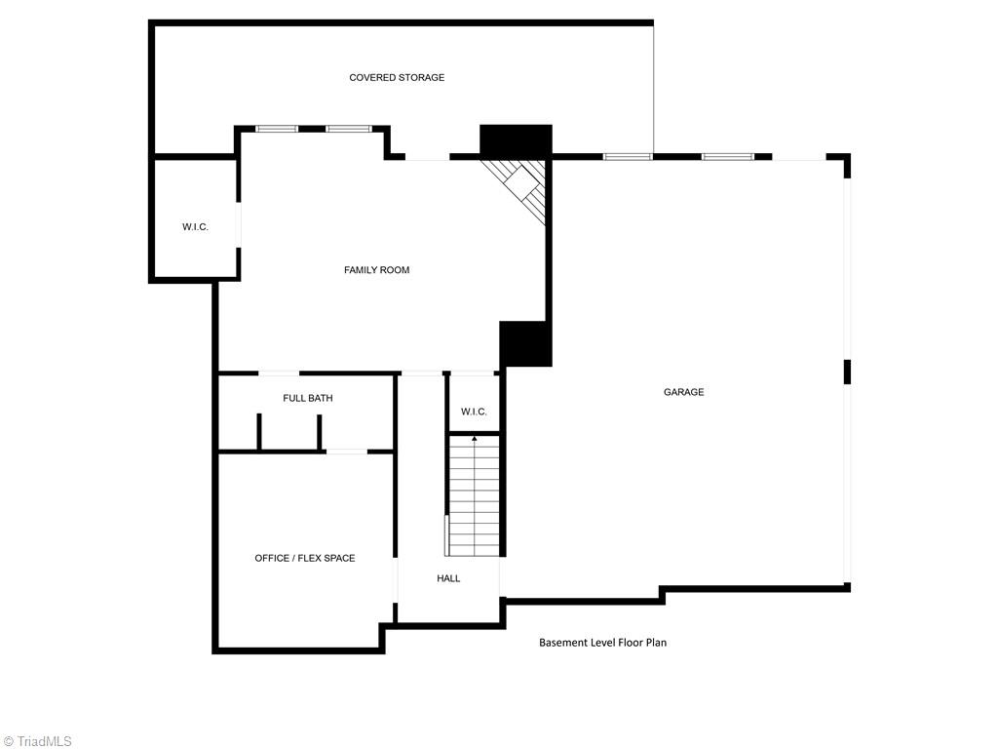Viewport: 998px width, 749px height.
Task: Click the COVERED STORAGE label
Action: coord(397,77)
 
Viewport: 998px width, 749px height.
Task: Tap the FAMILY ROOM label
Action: coord(376,269)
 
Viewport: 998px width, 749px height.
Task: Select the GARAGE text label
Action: coord(683,392)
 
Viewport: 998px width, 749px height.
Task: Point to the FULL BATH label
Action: coord(308,398)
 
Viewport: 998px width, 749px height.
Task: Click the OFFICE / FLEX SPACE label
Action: coord(304,558)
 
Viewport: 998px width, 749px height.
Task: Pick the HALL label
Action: coord(448,578)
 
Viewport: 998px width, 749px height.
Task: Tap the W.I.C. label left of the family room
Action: coord(195,227)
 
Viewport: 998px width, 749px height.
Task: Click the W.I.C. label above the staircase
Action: coord(474,412)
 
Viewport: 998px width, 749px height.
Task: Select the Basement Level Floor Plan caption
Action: coord(602,643)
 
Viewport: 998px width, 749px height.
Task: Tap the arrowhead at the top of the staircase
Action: coord(475,439)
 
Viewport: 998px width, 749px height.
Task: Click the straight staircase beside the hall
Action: coord(474,497)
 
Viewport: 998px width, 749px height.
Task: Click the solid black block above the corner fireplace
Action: coord(516,139)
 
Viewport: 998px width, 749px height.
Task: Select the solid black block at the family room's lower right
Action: coord(525,344)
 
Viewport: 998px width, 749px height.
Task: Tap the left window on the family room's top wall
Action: coord(277,128)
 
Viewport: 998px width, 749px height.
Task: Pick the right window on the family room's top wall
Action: coord(348,128)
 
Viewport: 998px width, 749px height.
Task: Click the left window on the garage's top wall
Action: coord(628,156)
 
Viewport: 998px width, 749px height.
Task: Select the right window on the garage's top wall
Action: coord(728,156)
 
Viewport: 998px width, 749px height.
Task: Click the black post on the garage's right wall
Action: coord(847,372)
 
